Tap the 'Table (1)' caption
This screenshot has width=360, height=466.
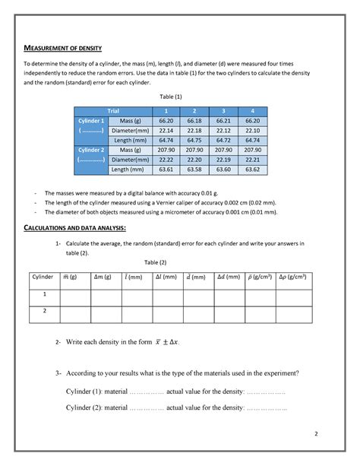click(x=170, y=97)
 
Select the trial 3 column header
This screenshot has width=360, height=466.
click(x=220, y=111)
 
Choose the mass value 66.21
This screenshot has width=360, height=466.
click(x=220, y=121)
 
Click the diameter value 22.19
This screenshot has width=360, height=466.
click(x=220, y=160)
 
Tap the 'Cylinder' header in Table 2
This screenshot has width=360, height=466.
click(x=43, y=277)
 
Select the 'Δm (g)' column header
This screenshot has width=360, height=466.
click(x=101, y=277)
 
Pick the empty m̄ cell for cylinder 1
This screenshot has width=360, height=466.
click(x=73, y=295)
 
